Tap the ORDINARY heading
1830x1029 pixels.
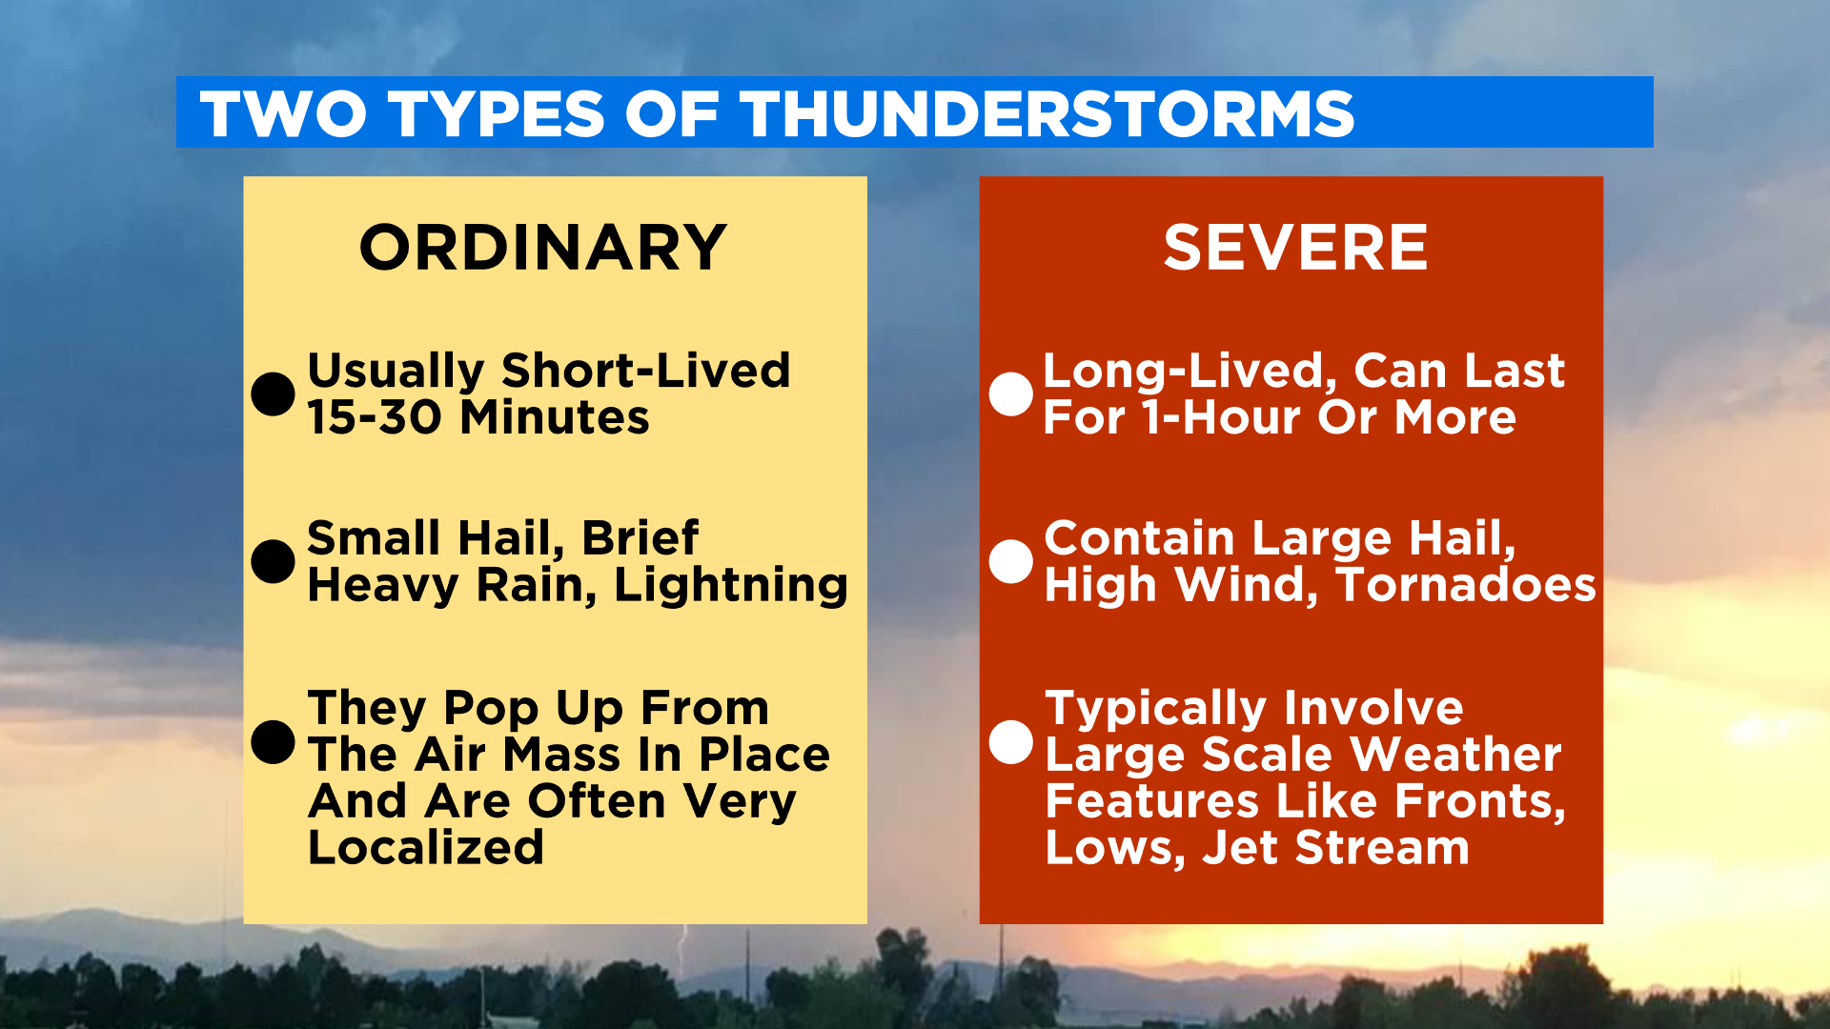543,248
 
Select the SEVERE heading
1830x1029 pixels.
1295,248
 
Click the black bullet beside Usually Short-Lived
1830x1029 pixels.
273,393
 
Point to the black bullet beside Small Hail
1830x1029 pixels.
273,561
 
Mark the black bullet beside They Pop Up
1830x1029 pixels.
273,741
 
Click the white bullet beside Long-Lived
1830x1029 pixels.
1010,393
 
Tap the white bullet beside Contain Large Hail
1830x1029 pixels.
1010,561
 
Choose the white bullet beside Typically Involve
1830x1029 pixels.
1010,741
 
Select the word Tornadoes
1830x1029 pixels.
1466,585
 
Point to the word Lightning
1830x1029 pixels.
730,585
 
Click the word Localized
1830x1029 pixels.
426,847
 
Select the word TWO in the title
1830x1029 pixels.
283,114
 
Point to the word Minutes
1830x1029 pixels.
555,417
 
